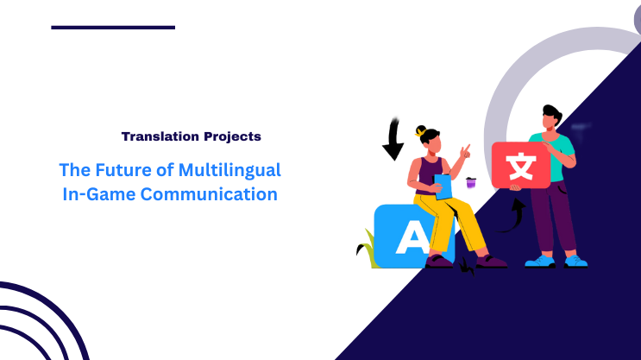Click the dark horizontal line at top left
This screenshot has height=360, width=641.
coord(112,28)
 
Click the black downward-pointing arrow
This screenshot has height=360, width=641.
coord(393,140)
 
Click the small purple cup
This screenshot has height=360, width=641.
coord(470,182)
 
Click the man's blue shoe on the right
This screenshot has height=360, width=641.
coord(575,260)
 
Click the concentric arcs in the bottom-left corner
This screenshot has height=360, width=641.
coord(35,324)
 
